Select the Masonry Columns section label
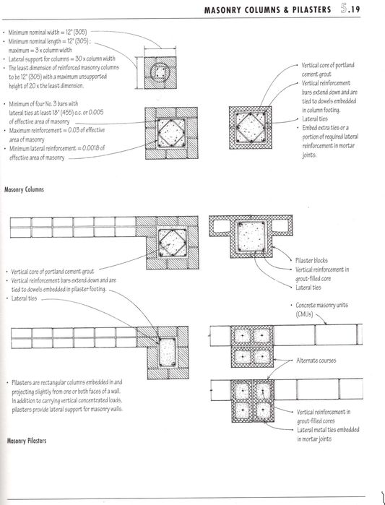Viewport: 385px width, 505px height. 25,189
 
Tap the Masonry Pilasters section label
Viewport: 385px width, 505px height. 25,459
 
